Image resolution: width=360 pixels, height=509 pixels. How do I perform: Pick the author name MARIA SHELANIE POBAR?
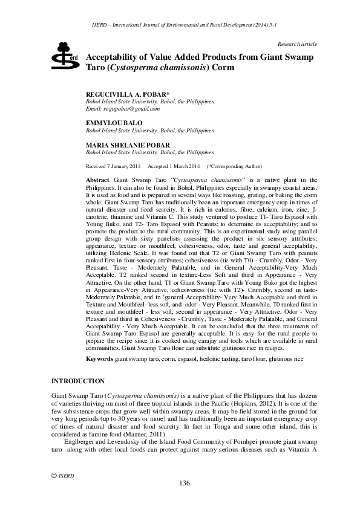128,146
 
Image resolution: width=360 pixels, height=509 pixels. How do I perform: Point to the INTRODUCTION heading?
78,381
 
